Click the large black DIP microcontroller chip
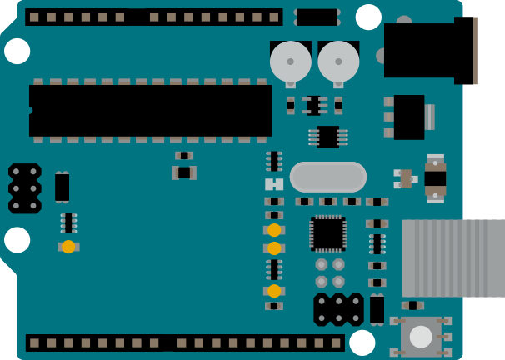[150, 110]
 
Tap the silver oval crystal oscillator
[328, 177]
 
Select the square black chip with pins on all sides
[328, 233]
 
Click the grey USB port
[453, 257]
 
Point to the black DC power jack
[425, 50]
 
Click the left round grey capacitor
[291, 61]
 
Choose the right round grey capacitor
[338, 61]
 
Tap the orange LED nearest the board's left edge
[68, 247]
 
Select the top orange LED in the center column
[274, 230]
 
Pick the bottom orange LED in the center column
[274, 291]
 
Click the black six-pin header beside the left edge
[25, 188]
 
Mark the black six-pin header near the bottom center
[338, 309]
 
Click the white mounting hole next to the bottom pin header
[362, 342]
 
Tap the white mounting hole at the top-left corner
[17, 51]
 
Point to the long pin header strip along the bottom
[184, 342]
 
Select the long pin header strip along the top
[154, 17]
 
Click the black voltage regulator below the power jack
[409, 117]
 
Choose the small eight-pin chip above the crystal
[328, 137]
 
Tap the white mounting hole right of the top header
[368, 17]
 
